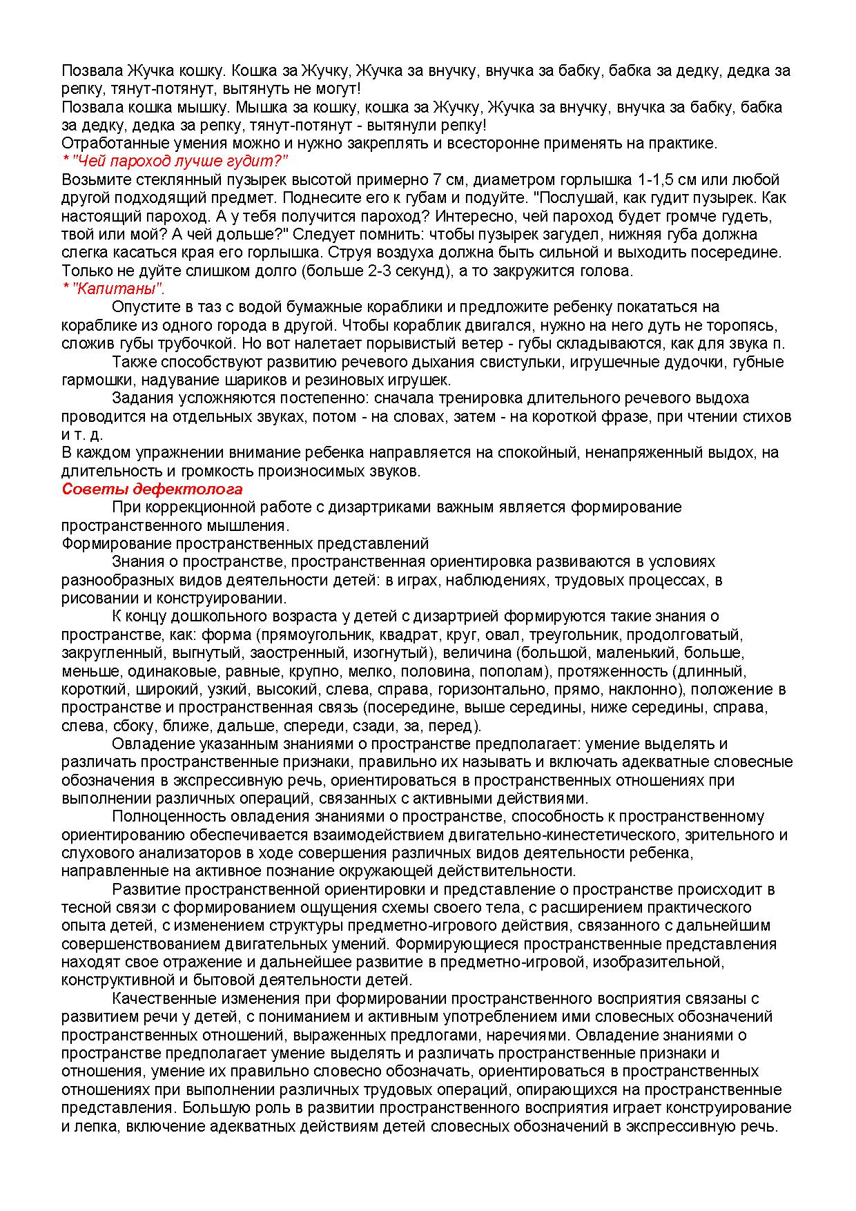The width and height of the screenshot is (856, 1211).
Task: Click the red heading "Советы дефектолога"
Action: [152, 489]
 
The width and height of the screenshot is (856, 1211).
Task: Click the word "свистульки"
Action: [514, 362]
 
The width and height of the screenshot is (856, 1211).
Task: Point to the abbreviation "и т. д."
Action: [81, 434]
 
